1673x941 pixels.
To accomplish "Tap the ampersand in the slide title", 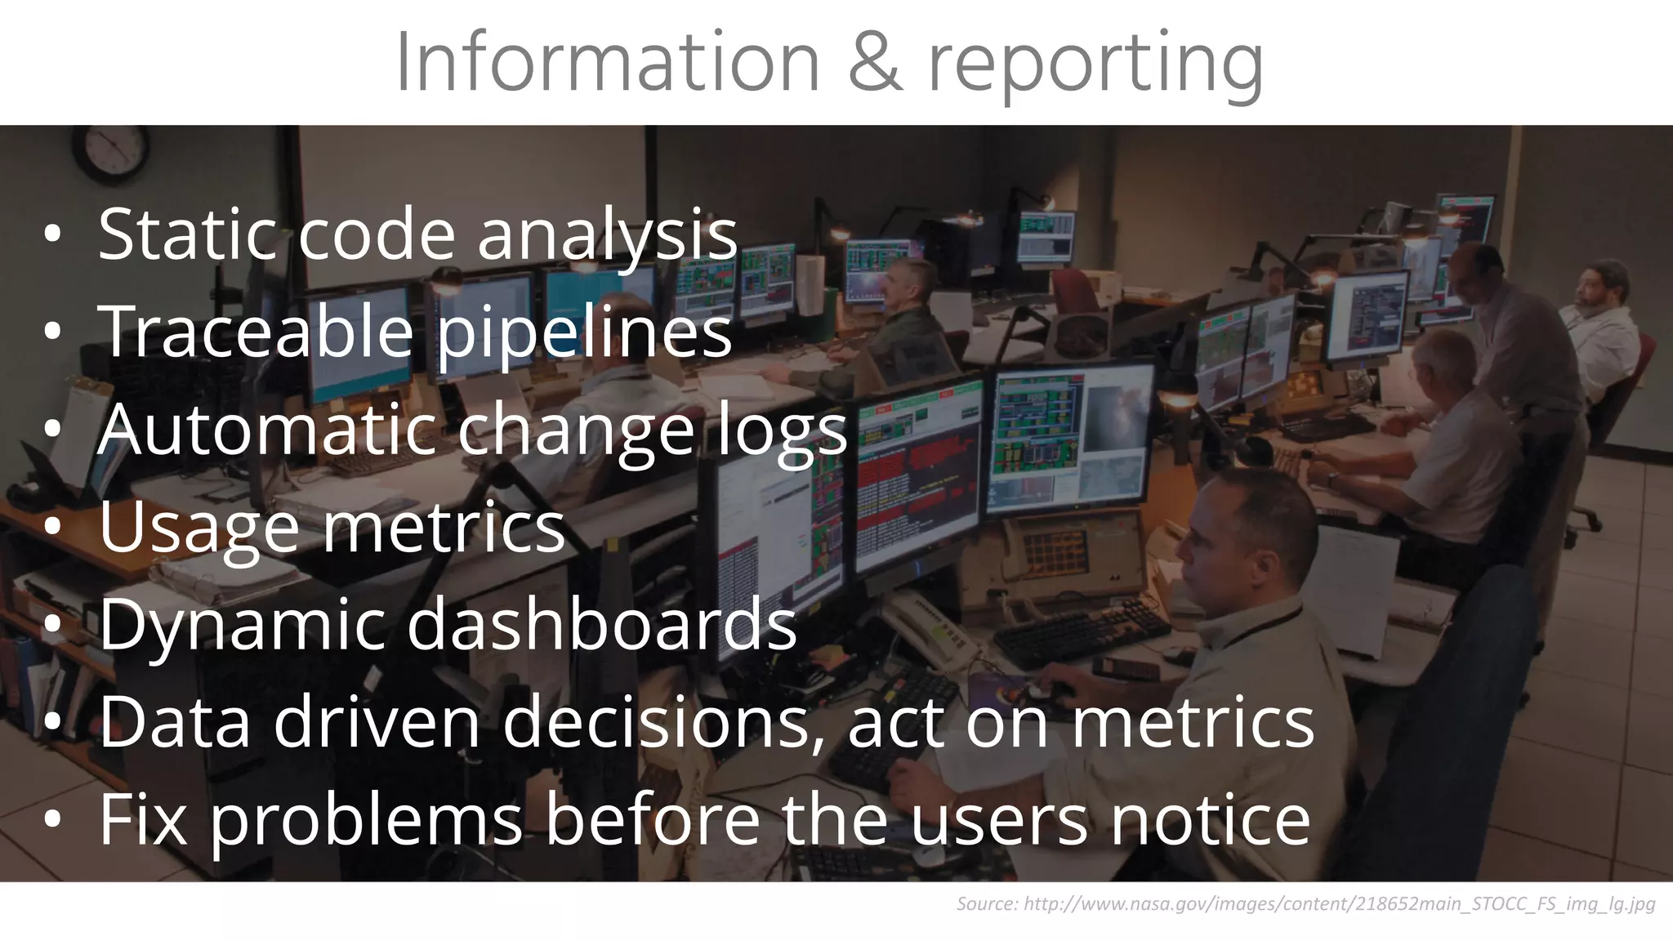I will click(x=874, y=64).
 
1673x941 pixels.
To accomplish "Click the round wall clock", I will click(x=110, y=152).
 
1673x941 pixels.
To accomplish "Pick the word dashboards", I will click(x=601, y=625).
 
